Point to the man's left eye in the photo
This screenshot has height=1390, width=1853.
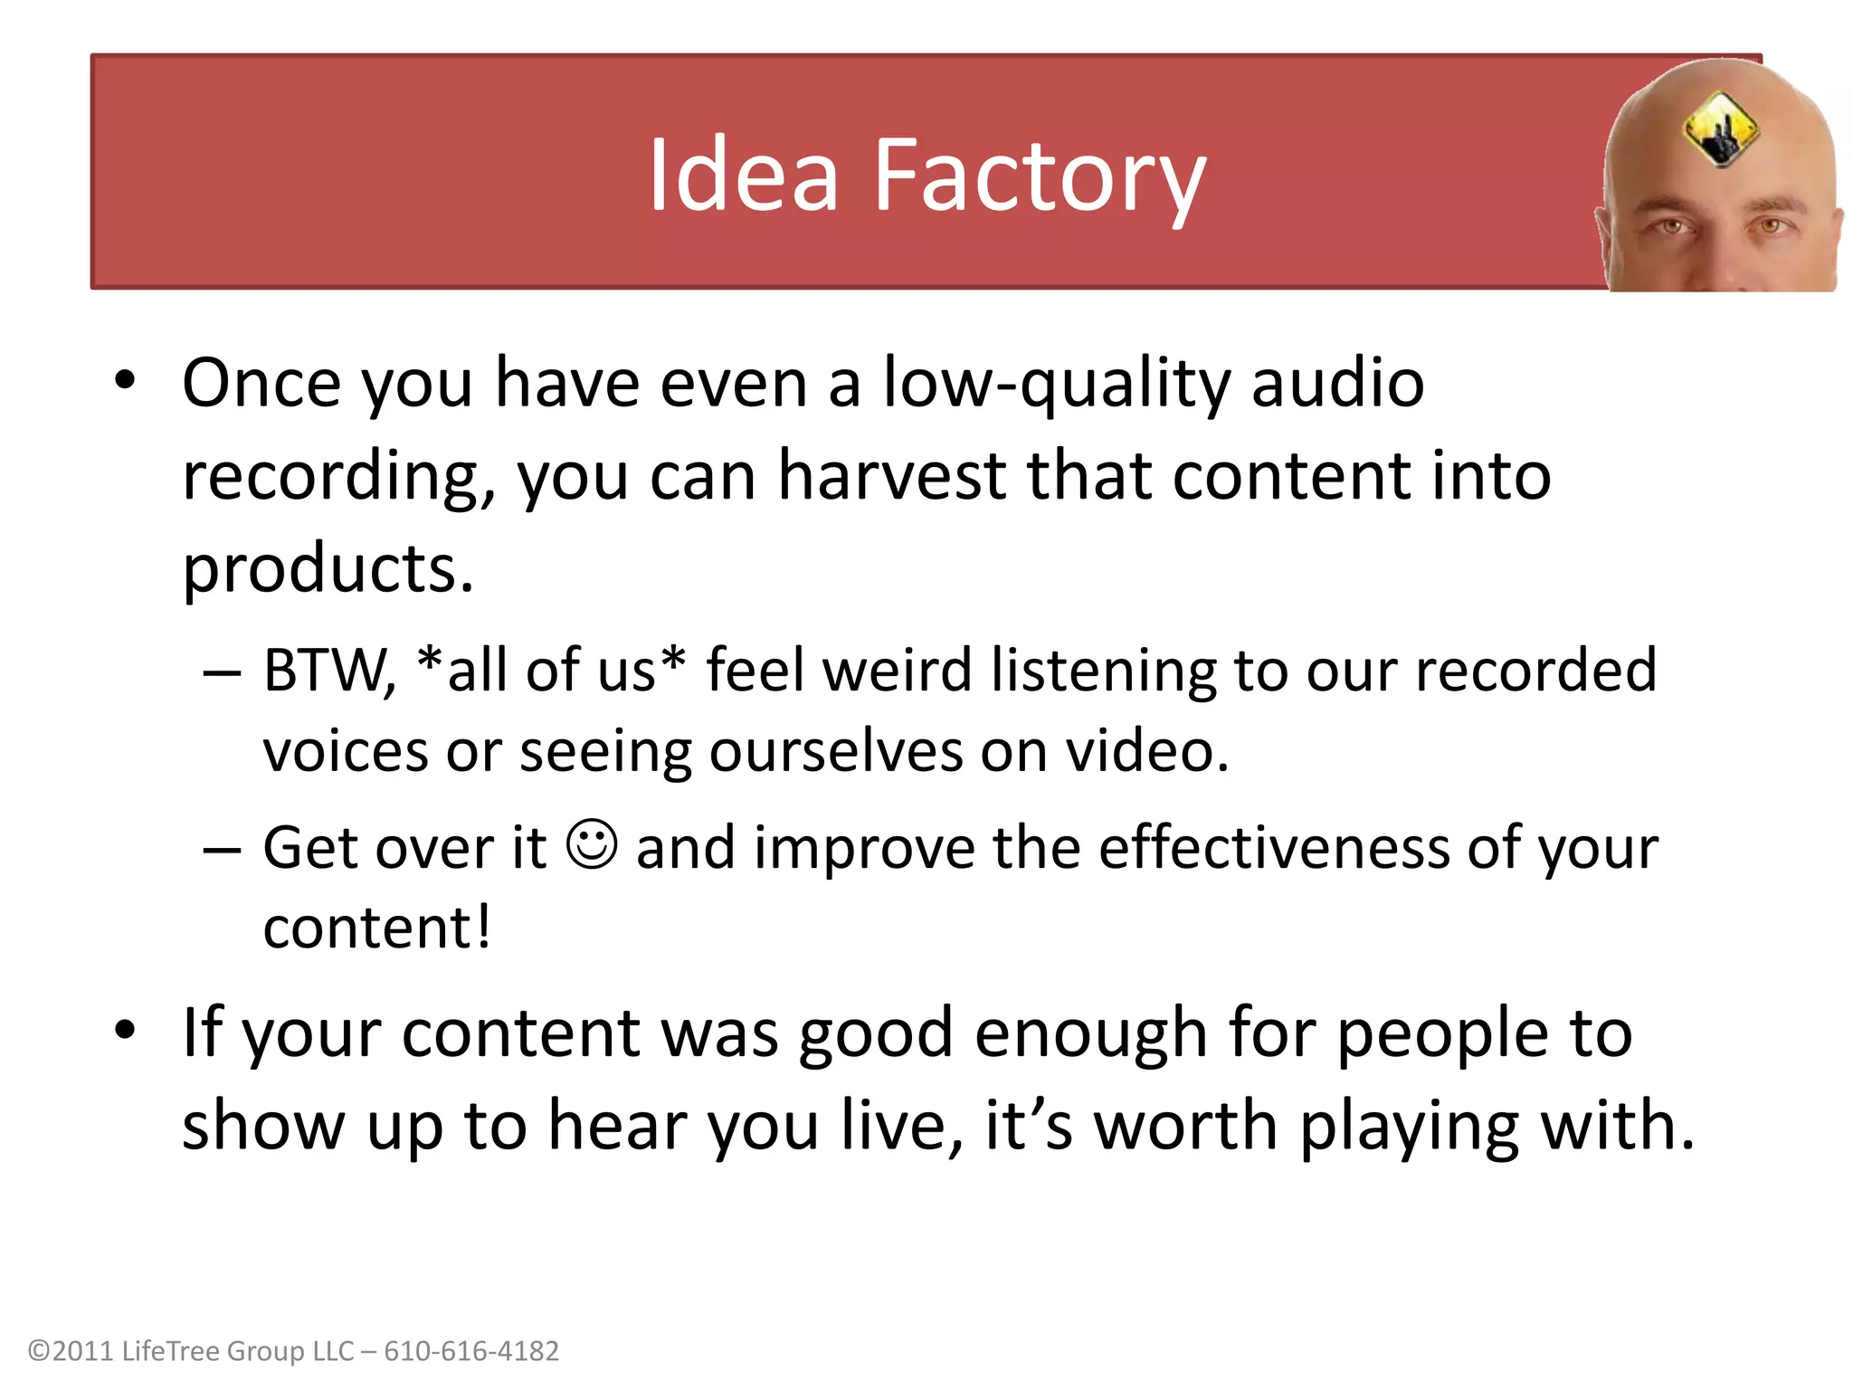(1772, 226)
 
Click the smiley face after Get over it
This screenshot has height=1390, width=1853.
(592, 845)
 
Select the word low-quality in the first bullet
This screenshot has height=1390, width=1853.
(1056, 384)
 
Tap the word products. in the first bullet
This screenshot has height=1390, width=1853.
(328, 569)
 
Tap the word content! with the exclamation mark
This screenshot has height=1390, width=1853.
(377, 928)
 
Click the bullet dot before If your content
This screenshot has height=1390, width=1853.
(125, 1030)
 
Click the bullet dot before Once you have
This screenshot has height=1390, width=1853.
(125, 380)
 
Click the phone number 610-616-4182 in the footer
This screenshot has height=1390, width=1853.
(471, 1351)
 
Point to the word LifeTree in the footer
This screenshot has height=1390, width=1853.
(171, 1351)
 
